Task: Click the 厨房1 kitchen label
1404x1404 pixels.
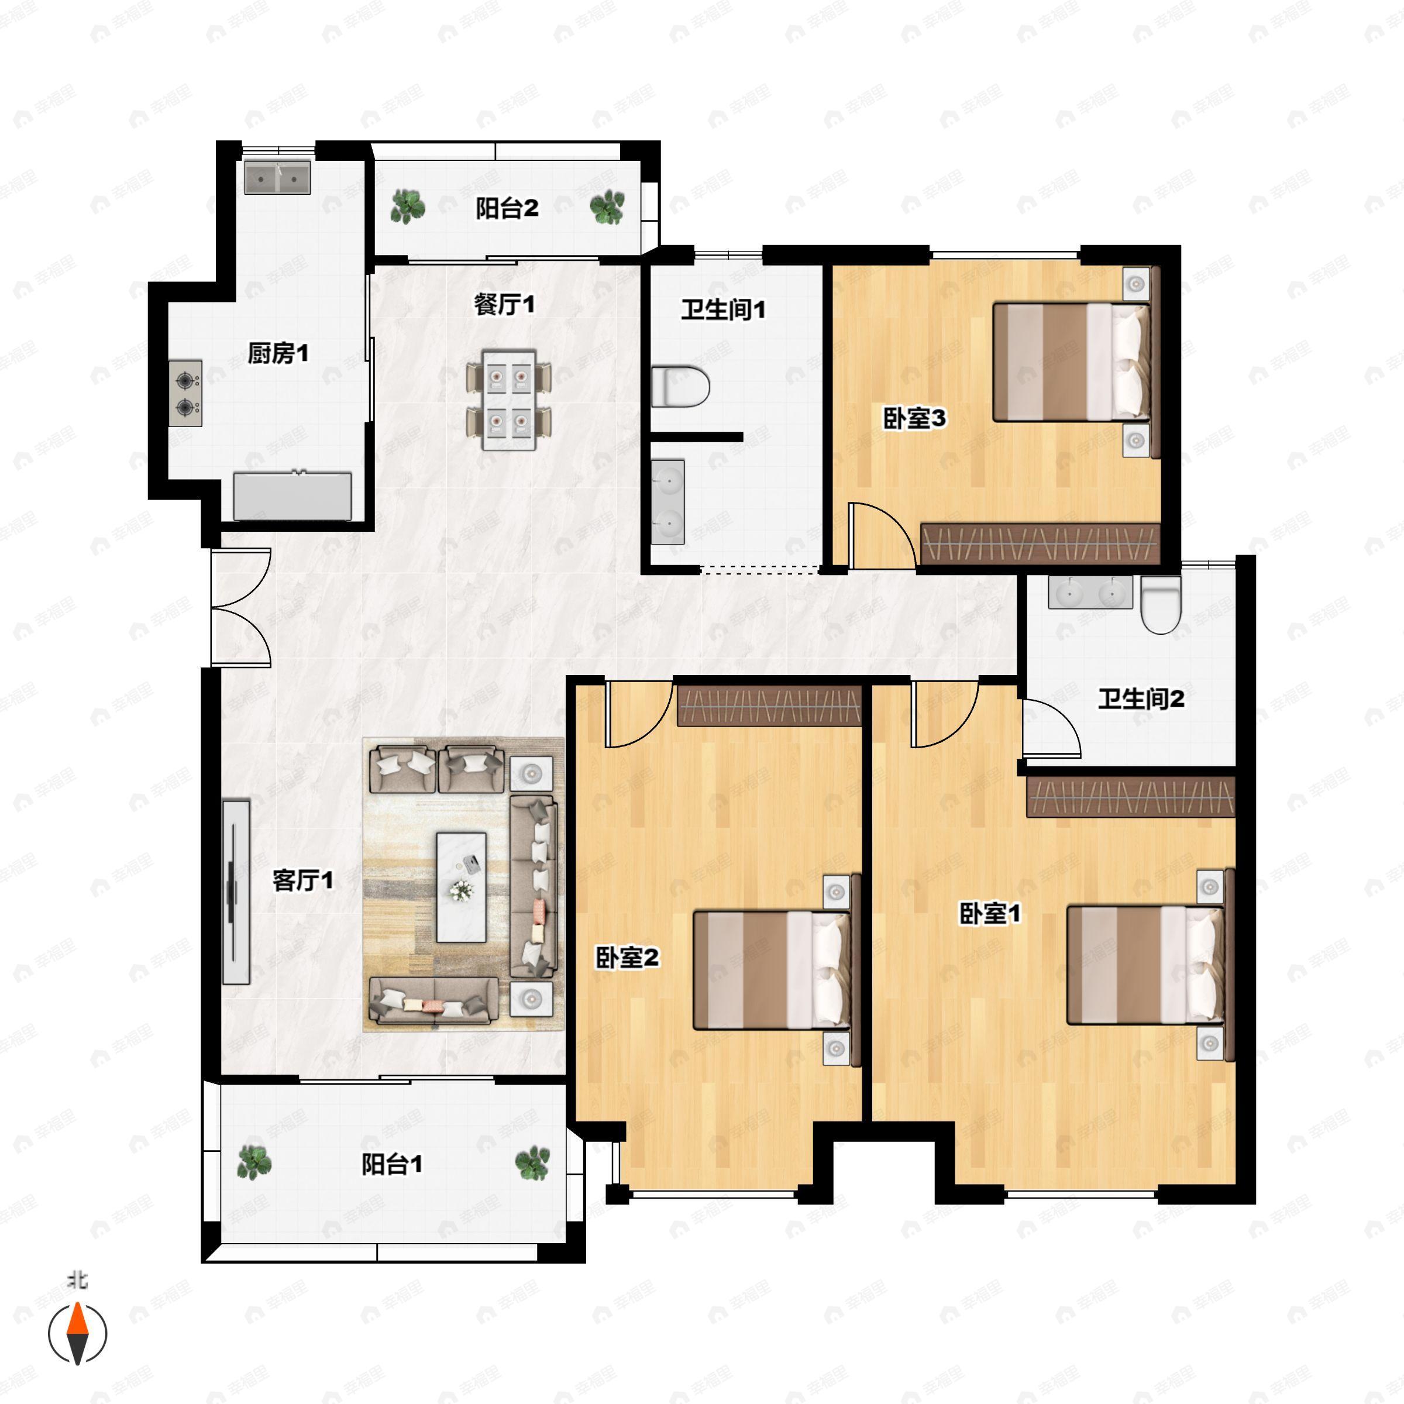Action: tap(278, 354)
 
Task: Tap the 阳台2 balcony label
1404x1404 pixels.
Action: tap(507, 209)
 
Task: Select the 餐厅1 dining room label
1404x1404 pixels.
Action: tap(504, 304)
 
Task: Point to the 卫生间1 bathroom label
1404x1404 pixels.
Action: tap(723, 309)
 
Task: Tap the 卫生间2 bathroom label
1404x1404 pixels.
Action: tap(1141, 699)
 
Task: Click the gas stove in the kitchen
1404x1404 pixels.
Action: tap(185, 393)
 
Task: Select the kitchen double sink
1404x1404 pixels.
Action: tap(277, 177)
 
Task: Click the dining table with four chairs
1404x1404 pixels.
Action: tap(509, 400)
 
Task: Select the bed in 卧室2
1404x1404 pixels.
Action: tap(772, 969)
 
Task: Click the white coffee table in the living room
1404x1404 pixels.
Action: tap(461, 887)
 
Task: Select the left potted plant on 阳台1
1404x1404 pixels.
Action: tap(254, 1161)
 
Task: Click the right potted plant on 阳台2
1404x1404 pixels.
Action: tap(607, 207)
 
